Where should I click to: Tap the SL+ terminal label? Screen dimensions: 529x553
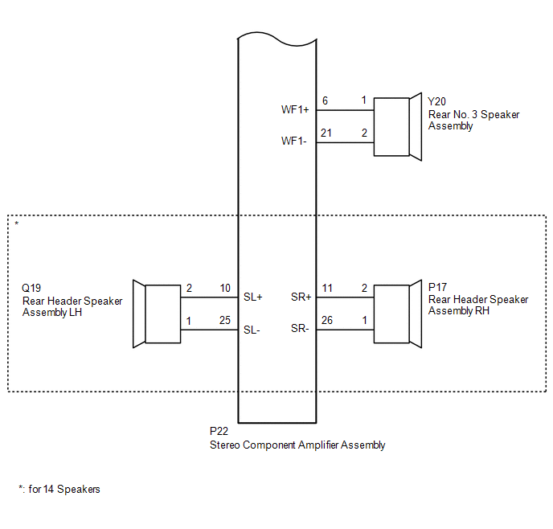coord(254,297)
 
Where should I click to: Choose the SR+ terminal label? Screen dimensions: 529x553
coord(301,297)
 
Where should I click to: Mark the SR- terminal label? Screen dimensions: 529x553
coord(300,330)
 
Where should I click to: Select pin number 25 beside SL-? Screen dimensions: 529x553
coord(225,320)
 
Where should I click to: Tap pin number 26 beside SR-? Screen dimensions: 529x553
coord(326,320)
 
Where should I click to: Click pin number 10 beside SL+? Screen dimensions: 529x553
coord(225,288)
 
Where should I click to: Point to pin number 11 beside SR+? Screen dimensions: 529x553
coord(326,288)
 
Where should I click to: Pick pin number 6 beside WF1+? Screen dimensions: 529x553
coord(325,100)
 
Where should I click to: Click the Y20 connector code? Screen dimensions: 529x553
coord(436,102)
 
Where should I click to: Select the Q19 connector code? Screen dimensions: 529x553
coord(31,288)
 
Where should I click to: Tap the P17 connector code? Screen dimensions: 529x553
coord(437,287)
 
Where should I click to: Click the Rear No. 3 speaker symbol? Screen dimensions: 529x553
coord(398,126)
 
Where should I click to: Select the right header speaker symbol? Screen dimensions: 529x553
coord(398,314)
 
